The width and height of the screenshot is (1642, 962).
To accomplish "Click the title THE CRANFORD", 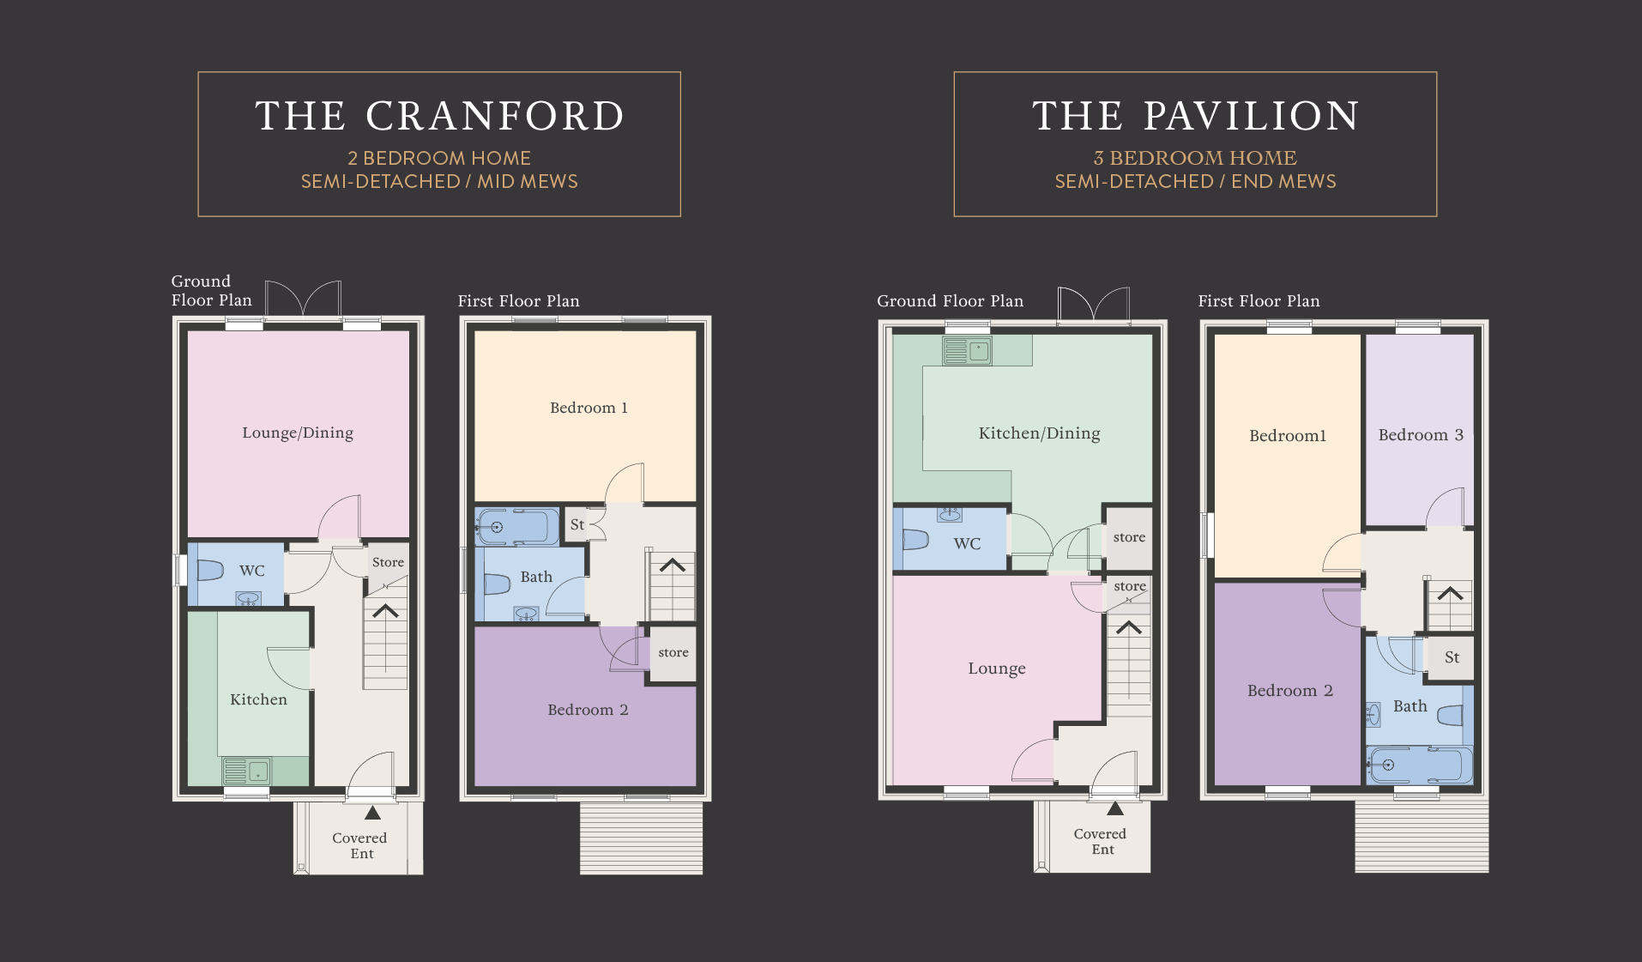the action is (439, 116).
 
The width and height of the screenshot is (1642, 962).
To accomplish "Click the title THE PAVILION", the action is (1196, 116).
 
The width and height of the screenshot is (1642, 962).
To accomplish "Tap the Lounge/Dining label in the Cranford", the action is (298, 433).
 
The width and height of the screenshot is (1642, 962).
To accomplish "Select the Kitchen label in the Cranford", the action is (258, 699).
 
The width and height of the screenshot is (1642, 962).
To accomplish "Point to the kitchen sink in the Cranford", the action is (247, 771).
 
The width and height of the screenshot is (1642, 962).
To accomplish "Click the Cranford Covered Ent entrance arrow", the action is (372, 813).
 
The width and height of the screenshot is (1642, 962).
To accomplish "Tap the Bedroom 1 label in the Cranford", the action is (589, 408).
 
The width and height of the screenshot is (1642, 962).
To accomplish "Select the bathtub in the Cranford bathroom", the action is (518, 527).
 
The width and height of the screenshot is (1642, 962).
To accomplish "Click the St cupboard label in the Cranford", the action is (577, 524).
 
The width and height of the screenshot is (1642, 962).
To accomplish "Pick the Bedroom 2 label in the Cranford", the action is (588, 710).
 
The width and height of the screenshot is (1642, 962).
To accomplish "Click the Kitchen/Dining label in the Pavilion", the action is (1039, 433).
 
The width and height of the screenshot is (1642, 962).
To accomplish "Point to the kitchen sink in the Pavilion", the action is (967, 350).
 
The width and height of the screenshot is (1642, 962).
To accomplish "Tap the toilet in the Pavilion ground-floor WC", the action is (915, 540).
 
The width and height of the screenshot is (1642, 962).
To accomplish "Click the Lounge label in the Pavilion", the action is (997, 669).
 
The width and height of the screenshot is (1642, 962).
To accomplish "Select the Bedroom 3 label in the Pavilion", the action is (1421, 435).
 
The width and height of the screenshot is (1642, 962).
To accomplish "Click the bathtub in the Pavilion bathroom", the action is (1420, 765).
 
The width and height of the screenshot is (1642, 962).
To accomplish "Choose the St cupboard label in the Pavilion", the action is (1452, 657).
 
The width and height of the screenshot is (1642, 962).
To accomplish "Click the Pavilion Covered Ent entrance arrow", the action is (1115, 808).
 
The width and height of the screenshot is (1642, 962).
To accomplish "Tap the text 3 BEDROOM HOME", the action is (1195, 158).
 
